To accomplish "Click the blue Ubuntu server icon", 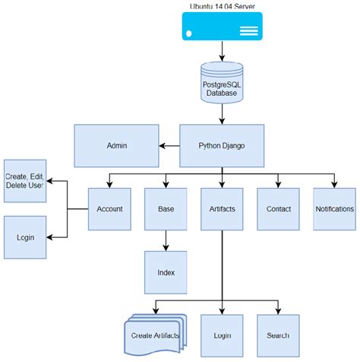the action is click(x=223, y=27).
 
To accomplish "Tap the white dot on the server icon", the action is click(x=188, y=33).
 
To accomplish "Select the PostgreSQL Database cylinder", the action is click(x=222, y=83).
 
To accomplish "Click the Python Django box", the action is click(x=222, y=146).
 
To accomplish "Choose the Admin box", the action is click(x=116, y=146).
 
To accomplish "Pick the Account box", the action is click(x=109, y=209).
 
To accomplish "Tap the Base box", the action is click(x=166, y=209).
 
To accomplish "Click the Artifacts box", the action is click(x=222, y=209).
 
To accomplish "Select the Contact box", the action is click(x=278, y=209).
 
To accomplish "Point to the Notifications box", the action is click(x=334, y=209).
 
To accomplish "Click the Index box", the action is click(x=166, y=272).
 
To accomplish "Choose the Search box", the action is click(x=278, y=335).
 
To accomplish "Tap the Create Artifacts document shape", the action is click(x=155, y=335).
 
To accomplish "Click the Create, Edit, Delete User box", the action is click(x=25, y=181).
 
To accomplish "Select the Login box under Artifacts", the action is click(x=222, y=335).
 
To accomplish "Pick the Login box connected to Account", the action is click(x=25, y=237).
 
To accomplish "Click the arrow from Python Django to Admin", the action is click(x=169, y=146).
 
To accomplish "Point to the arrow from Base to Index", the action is click(x=166, y=241).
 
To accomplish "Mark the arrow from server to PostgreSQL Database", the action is click(x=222, y=51).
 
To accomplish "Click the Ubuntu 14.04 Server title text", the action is click(x=223, y=7).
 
